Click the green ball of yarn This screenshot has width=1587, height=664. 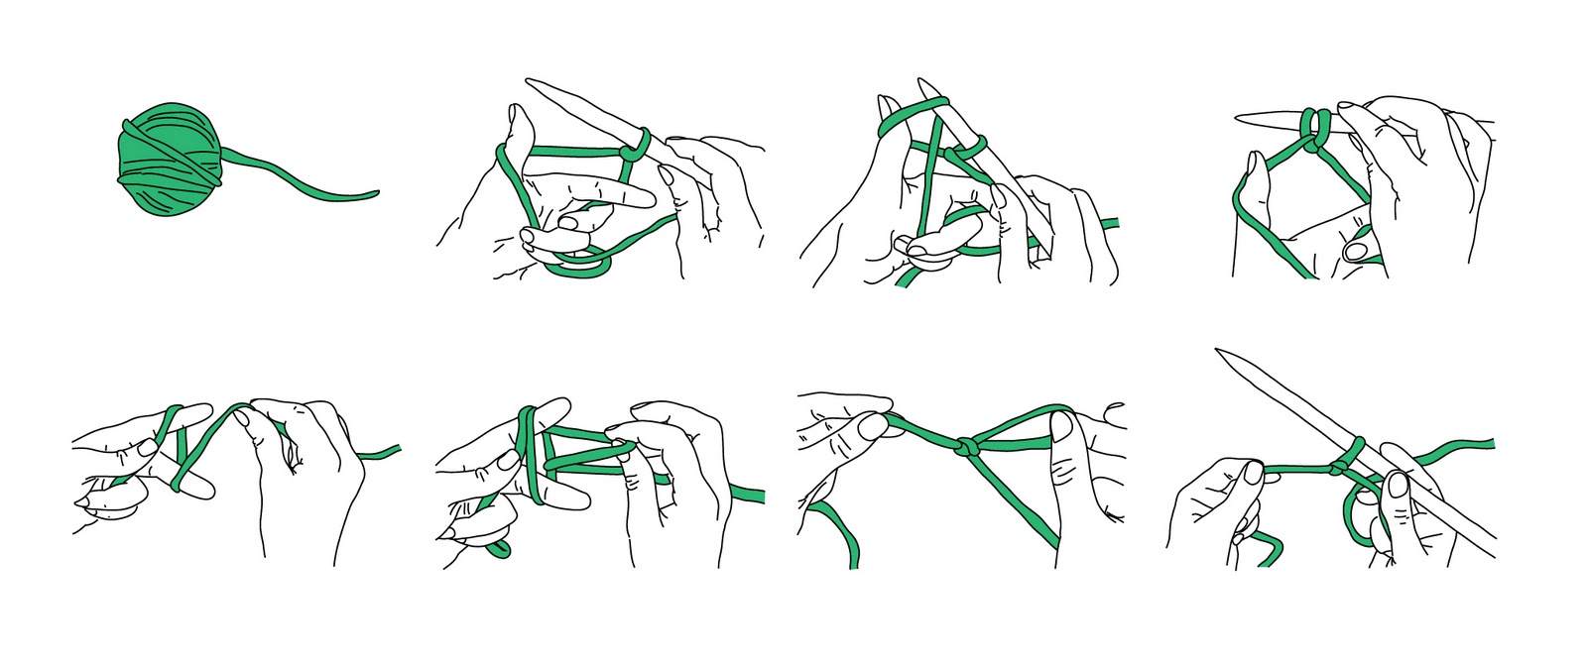tap(169, 159)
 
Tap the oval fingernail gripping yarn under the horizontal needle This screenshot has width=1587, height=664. tap(1354, 251)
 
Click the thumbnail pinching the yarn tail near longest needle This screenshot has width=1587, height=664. tap(1253, 474)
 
